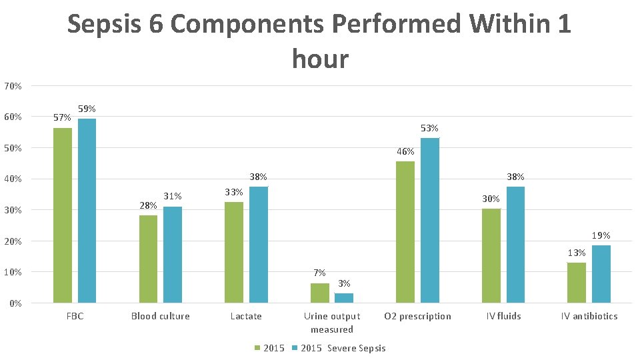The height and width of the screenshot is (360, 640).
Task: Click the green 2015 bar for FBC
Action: click(x=63, y=215)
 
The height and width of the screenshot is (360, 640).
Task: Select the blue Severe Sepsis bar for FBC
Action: click(x=87, y=211)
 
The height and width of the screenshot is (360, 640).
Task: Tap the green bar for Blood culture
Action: click(x=148, y=259)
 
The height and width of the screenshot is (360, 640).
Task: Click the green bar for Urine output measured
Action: click(x=320, y=293)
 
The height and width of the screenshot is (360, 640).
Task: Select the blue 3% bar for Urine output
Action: click(x=344, y=298)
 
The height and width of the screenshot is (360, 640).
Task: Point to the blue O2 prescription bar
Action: click(x=430, y=220)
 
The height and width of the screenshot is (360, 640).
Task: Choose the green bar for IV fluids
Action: click(x=491, y=256)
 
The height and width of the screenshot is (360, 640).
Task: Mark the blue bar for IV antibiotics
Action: click(x=601, y=274)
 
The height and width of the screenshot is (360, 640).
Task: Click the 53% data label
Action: click(x=429, y=128)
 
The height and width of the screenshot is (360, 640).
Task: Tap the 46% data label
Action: click(x=405, y=151)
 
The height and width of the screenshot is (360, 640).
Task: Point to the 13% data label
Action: click(x=577, y=253)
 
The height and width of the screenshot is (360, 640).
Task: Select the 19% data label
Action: click(x=601, y=235)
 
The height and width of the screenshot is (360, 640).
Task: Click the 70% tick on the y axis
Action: click(x=13, y=86)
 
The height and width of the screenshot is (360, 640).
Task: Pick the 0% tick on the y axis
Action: click(x=15, y=303)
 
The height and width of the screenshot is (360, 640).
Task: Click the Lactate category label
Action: click(x=246, y=316)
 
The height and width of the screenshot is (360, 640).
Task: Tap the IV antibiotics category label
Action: click(x=589, y=316)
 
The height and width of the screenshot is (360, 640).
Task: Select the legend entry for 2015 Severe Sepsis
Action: click(x=343, y=348)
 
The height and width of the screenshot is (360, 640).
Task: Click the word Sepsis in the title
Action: click(x=115, y=25)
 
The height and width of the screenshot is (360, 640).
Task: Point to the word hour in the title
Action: click(x=320, y=59)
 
